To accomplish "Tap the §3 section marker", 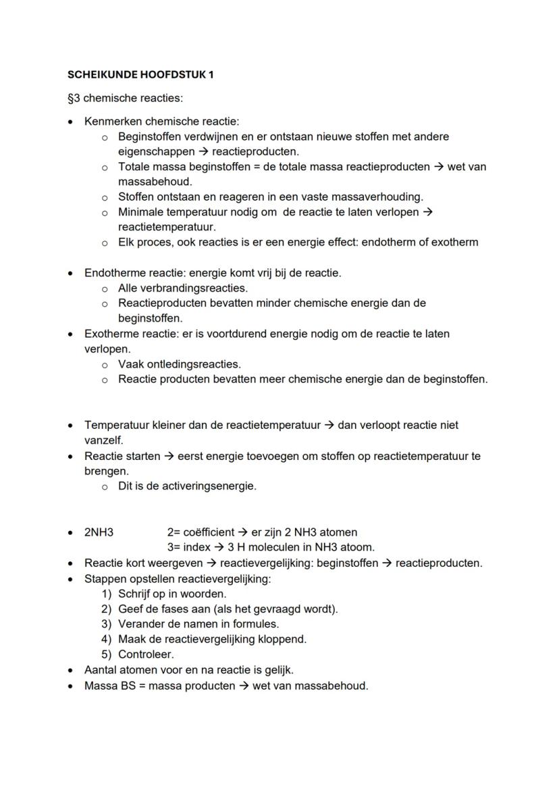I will tap(74, 99).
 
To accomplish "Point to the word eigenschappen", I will tap(151, 152).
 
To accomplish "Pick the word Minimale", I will tap(140, 212).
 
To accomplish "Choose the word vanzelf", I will tap(103, 440).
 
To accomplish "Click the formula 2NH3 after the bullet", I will tap(99, 532).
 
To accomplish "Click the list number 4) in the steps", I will tap(106, 639).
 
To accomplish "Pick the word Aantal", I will tap(101, 670).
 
